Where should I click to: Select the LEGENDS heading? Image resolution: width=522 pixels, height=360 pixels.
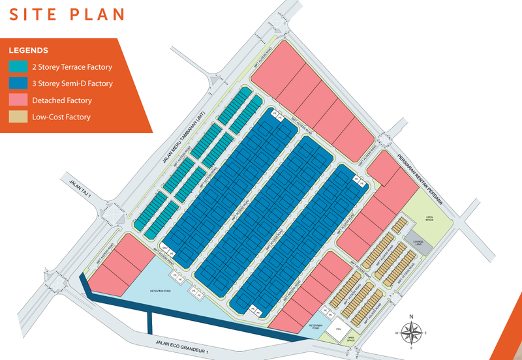(x=29, y=50)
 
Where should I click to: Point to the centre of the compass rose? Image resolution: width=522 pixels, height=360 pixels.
(x=410, y=335)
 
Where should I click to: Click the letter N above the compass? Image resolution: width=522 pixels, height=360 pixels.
(x=410, y=318)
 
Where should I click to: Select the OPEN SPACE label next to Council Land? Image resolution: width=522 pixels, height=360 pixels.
(x=430, y=219)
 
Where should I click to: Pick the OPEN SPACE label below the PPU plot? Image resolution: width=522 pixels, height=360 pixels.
(x=350, y=340)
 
